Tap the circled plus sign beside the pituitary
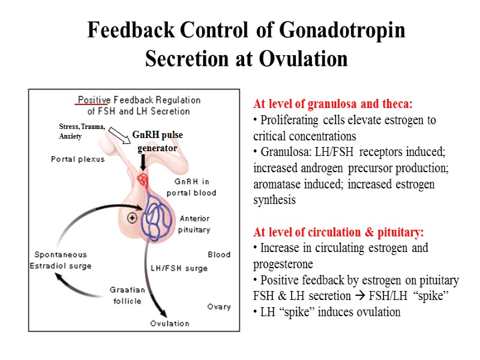click(x=131, y=217)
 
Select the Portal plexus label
click(x=77, y=160)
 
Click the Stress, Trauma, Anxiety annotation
click(x=82, y=131)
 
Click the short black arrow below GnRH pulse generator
click(x=144, y=161)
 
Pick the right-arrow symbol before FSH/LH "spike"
click(x=354, y=296)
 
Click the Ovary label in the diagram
click(x=218, y=307)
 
